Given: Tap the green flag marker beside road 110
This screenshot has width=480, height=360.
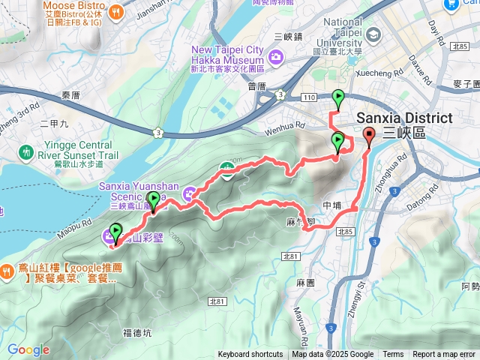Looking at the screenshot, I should (x=338, y=97).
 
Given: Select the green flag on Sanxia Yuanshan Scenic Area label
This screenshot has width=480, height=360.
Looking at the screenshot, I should (x=154, y=199).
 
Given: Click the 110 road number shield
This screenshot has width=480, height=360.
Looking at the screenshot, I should (x=310, y=97).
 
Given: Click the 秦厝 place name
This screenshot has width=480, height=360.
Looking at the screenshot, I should (x=70, y=95).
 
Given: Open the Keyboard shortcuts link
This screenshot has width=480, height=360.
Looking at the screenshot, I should (x=250, y=355).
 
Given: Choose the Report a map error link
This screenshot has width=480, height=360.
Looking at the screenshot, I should (x=445, y=355).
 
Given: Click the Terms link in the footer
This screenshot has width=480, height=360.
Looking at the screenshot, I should (x=393, y=355).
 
